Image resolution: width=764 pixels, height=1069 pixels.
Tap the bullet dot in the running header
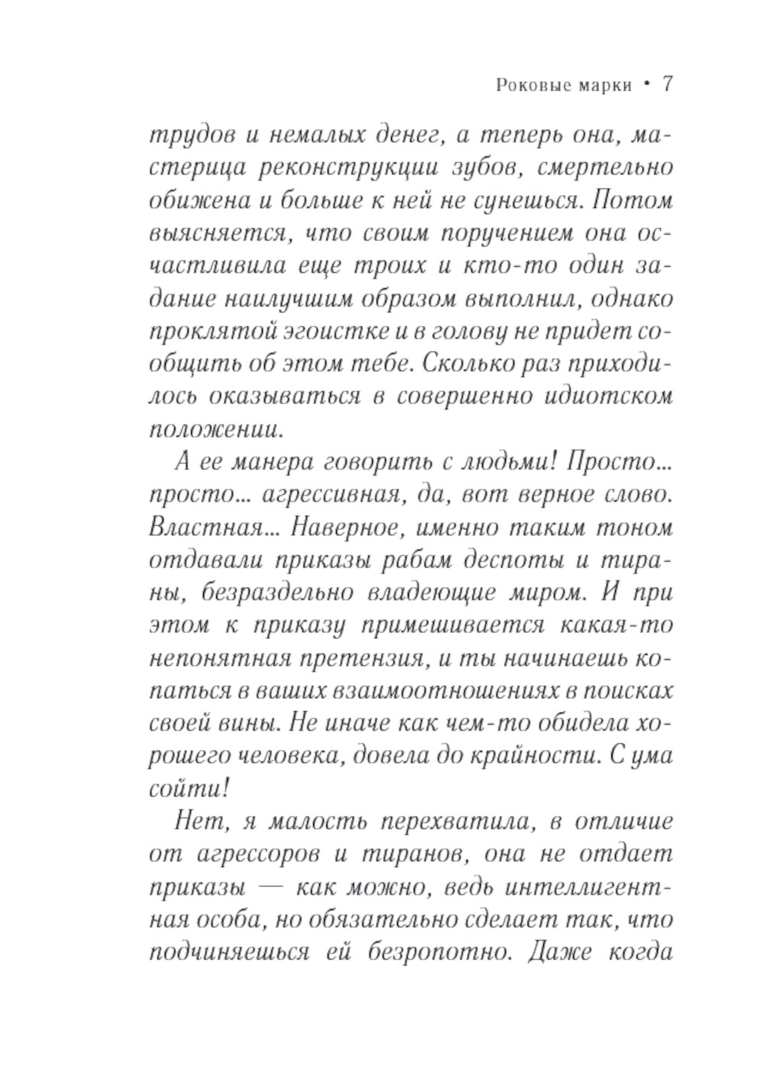646,84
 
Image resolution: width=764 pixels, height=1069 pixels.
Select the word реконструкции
333,168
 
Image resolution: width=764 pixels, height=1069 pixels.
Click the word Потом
633,201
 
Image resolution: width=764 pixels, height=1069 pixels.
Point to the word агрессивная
332,496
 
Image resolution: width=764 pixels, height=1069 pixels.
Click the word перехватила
458,822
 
